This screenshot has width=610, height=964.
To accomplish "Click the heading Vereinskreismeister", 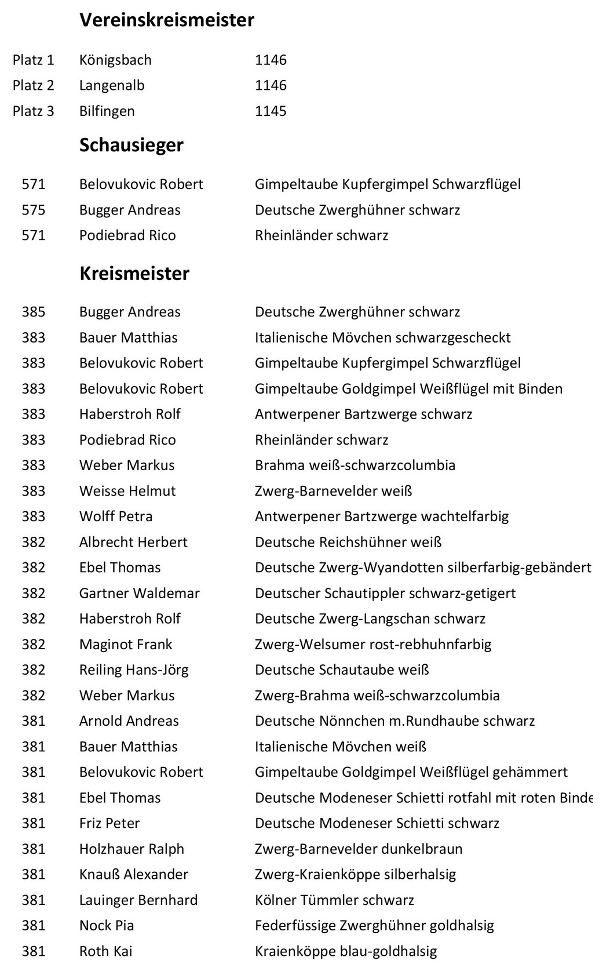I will pyautogui.click(x=167, y=20).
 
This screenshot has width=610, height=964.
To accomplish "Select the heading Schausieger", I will pyautogui.click(x=132, y=145).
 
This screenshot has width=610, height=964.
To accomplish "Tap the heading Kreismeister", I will pyautogui.click(x=134, y=273).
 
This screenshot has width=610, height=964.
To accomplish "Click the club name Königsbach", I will pyautogui.click(x=115, y=60).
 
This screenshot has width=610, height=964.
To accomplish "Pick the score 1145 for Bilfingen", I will pyautogui.click(x=271, y=111).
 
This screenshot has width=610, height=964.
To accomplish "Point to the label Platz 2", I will pyautogui.click(x=34, y=85).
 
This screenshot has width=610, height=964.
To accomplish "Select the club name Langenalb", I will pyautogui.click(x=112, y=85).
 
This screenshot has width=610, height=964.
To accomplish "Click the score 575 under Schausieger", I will pyautogui.click(x=34, y=210).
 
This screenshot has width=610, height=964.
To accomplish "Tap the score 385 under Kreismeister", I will pyautogui.click(x=34, y=312).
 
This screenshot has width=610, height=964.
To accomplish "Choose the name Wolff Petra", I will pyautogui.click(x=116, y=516).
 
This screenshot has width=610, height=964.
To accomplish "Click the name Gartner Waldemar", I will pyautogui.click(x=140, y=593).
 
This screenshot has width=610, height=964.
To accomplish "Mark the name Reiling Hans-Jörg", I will pyautogui.click(x=134, y=670).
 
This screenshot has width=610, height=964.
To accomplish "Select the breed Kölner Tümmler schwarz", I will pyautogui.click(x=334, y=900).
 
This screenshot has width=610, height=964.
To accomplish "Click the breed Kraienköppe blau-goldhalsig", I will pyautogui.click(x=346, y=951).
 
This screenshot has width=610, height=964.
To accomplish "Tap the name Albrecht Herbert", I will pyautogui.click(x=133, y=542).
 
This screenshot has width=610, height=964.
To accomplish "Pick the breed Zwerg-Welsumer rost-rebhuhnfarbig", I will pyautogui.click(x=373, y=644).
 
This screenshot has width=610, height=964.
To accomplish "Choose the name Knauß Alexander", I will pyautogui.click(x=134, y=874).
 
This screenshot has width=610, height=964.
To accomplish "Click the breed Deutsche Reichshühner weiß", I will pyautogui.click(x=348, y=542).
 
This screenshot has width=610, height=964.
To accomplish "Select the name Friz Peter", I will pyautogui.click(x=109, y=823).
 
